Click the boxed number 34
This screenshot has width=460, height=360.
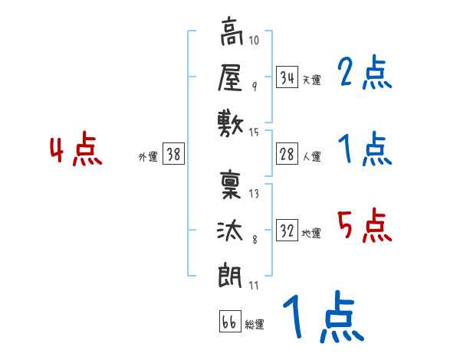(x=287, y=77)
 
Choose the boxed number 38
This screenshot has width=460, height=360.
(x=173, y=155)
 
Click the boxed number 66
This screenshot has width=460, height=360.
(x=229, y=322)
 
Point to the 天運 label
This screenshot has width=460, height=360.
(x=311, y=80)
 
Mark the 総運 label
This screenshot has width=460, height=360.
(x=255, y=325)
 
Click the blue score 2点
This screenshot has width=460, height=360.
(x=365, y=74)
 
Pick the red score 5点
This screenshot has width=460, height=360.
(x=365, y=226)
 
